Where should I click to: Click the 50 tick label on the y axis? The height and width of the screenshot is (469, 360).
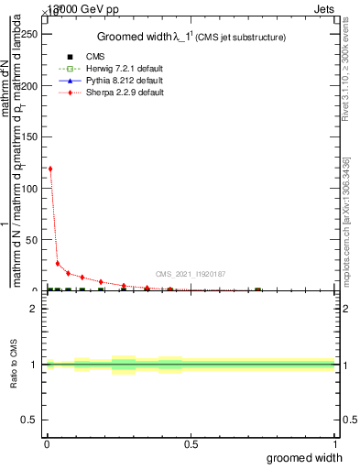tap(32, 239)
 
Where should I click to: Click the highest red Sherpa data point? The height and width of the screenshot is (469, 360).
tap(49, 169)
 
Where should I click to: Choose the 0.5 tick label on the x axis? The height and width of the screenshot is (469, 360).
tap(191, 444)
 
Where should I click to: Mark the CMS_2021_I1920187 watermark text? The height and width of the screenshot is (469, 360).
tap(190, 274)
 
